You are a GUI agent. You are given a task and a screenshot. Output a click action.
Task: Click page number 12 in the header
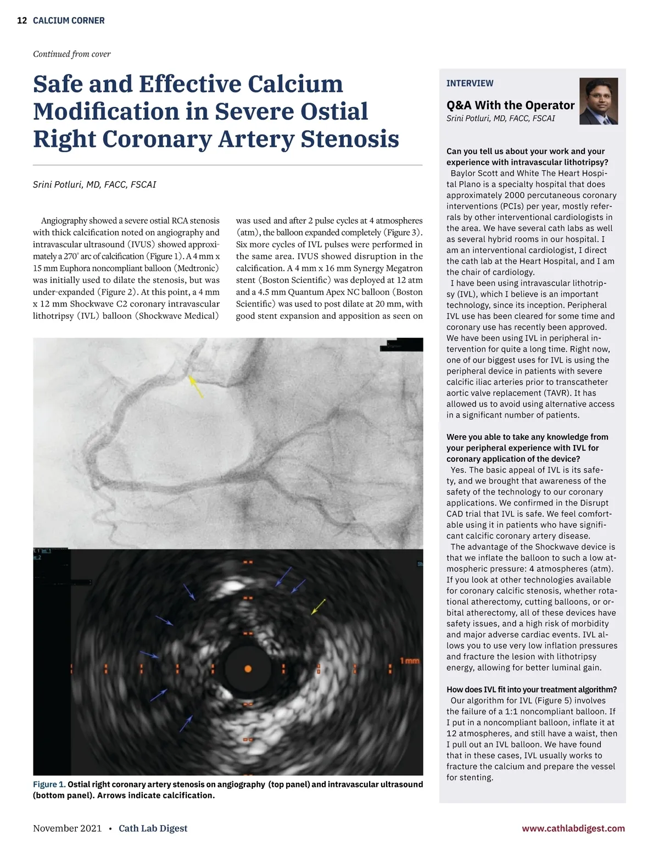(x=22, y=21)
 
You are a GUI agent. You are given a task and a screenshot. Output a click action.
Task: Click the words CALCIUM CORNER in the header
(x=69, y=21)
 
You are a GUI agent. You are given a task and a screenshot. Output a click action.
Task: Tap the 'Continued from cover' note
(x=71, y=54)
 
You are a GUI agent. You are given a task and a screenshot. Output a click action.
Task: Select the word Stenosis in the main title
(x=349, y=139)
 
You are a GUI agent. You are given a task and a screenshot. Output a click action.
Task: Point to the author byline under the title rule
(x=94, y=185)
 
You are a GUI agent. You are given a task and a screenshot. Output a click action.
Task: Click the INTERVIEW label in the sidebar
(x=470, y=84)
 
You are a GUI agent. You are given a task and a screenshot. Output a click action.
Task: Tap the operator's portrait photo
(x=599, y=101)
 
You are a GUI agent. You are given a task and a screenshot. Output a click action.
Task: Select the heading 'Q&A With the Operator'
(x=510, y=105)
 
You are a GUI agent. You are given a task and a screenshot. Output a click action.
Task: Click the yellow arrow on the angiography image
(x=196, y=386)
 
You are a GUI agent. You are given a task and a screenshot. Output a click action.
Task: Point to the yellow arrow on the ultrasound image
(x=319, y=606)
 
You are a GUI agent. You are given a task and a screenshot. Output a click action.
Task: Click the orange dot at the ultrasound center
(x=248, y=669)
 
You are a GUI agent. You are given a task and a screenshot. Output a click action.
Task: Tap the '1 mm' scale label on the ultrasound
(x=410, y=661)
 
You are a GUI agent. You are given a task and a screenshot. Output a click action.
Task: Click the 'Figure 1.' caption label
(x=49, y=784)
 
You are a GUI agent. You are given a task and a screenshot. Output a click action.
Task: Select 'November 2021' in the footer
(x=67, y=828)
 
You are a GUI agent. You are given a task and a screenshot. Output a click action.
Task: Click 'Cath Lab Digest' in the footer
(x=153, y=828)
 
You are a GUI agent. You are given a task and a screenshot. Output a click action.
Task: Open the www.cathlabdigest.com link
(x=573, y=828)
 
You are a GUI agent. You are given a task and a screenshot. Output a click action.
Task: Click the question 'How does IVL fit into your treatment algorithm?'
(x=531, y=689)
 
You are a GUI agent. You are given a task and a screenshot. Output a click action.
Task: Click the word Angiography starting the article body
(x=64, y=221)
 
